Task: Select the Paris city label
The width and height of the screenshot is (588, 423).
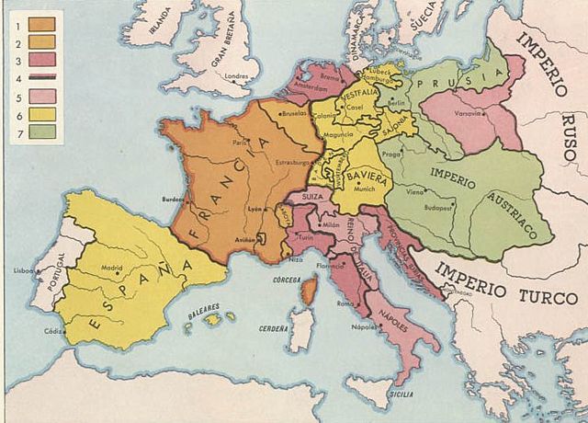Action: tap(241, 143)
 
